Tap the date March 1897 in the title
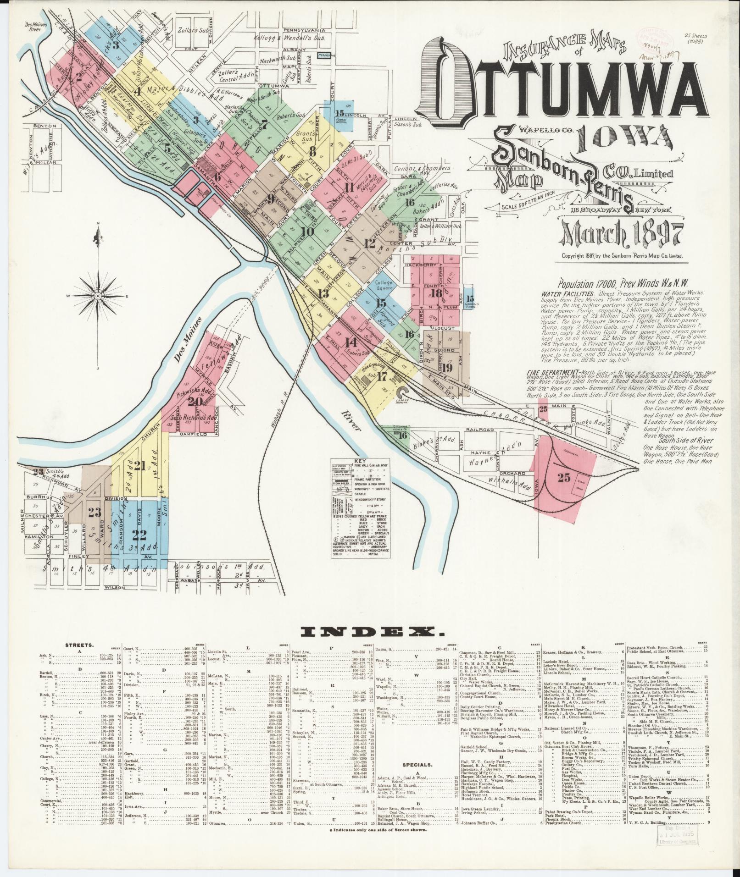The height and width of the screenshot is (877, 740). [622, 234]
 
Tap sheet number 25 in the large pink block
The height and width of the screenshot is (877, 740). [564, 478]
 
